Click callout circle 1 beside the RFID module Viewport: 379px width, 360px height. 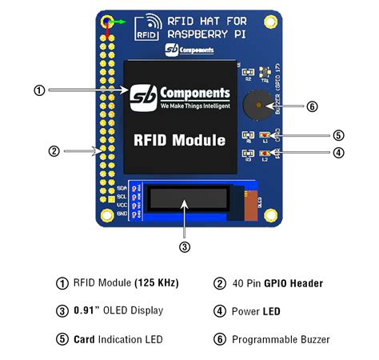coord(38,90)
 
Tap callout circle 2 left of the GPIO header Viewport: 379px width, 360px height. coord(54,150)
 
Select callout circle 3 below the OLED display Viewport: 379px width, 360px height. coord(185,246)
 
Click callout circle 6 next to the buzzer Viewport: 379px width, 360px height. coord(313,106)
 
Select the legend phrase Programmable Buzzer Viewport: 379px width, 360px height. coord(281,339)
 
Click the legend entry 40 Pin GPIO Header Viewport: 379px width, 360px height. coord(278,282)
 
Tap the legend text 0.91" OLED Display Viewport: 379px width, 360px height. coord(118,311)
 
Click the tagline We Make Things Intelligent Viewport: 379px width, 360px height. coord(194,106)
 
